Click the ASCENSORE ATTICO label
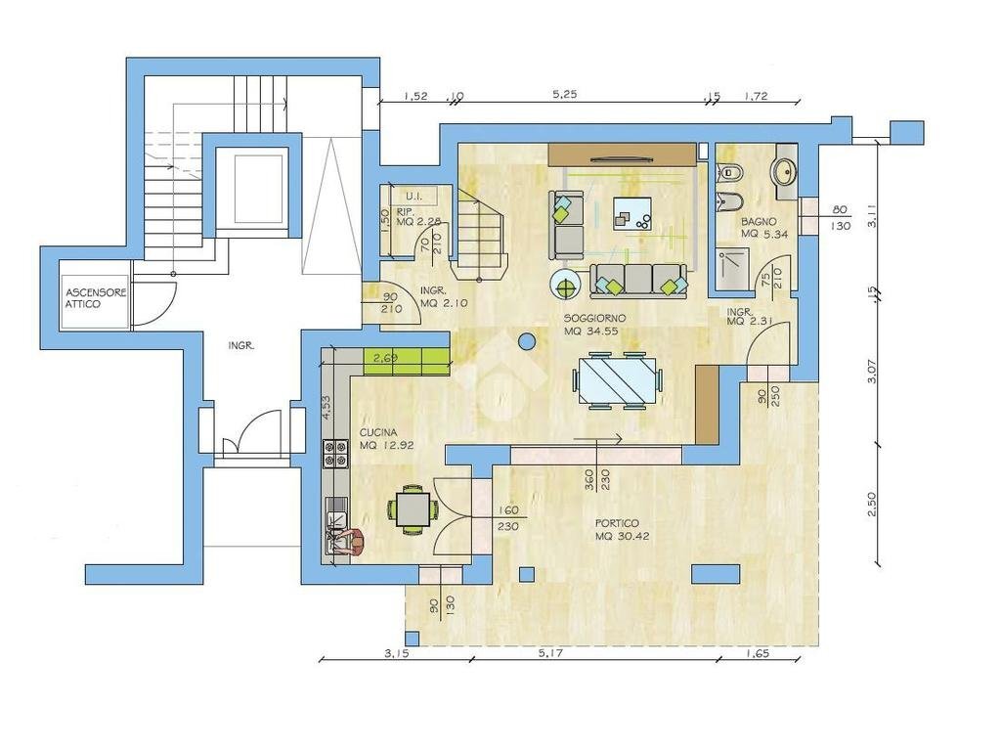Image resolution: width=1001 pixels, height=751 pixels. pos(97,298)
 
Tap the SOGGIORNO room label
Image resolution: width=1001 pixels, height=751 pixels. pos(594,318)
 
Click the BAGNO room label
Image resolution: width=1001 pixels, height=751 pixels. pos(759,222)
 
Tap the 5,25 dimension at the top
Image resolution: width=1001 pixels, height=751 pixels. pos(564,95)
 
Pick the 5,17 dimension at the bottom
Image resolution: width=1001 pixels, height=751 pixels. pos(551,653)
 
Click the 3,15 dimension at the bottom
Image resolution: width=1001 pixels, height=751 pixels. pos(397,653)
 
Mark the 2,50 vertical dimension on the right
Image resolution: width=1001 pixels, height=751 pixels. pos(873,504)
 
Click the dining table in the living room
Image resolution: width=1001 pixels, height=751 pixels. pos(618,380)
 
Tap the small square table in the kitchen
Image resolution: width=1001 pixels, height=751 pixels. pos(413,508)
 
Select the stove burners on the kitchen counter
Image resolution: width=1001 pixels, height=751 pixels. pos(336,454)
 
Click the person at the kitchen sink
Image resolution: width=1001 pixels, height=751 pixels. pos(349,542)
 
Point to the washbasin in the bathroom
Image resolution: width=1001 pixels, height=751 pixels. pos(784,170)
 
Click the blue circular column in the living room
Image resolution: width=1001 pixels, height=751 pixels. pos(527,342)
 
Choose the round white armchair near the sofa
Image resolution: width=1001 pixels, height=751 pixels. pos(566,285)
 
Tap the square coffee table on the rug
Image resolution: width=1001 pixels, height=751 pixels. pos(632,213)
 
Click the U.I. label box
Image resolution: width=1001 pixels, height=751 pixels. pos(413,196)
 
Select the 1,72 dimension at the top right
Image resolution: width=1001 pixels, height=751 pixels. pos(756,97)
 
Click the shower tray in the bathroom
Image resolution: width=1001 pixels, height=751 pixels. pos(732,267)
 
